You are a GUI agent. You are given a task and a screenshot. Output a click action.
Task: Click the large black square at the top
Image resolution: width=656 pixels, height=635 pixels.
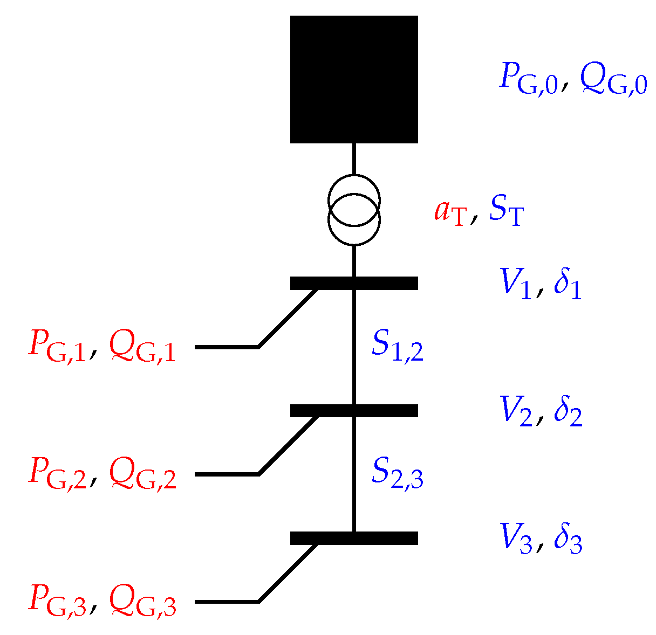[354, 79]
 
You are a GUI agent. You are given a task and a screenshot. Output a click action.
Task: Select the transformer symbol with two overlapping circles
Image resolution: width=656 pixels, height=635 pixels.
[354, 210]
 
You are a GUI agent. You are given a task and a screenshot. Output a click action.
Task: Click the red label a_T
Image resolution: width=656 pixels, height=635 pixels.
[449, 212]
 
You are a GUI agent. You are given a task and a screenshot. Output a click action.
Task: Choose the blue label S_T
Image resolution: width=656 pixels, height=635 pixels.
[505, 212]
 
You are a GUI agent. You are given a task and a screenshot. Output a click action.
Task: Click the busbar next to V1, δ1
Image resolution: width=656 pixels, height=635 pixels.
[354, 283]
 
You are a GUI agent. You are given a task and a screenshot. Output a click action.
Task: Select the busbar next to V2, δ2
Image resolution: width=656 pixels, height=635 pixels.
[354, 411]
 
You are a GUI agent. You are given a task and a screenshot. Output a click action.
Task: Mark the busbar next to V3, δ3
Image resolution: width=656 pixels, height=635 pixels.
[354, 538]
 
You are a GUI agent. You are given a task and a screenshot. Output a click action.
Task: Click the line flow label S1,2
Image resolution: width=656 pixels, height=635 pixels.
[397, 347]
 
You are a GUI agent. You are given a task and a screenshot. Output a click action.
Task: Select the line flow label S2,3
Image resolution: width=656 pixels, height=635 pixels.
[397, 474]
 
